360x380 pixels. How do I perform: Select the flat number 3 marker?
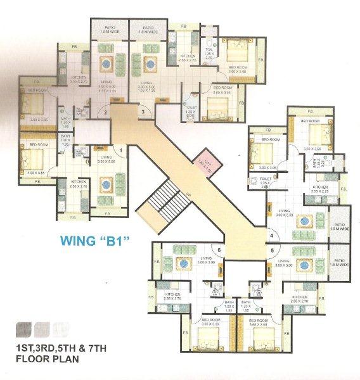(x=144, y=113)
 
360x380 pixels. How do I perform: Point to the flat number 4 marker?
(x=271, y=236)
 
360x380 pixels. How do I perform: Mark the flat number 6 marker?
(x=219, y=250)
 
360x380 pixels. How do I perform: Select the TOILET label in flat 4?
(x=267, y=179)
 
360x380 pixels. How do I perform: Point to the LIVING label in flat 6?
(x=205, y=258)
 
